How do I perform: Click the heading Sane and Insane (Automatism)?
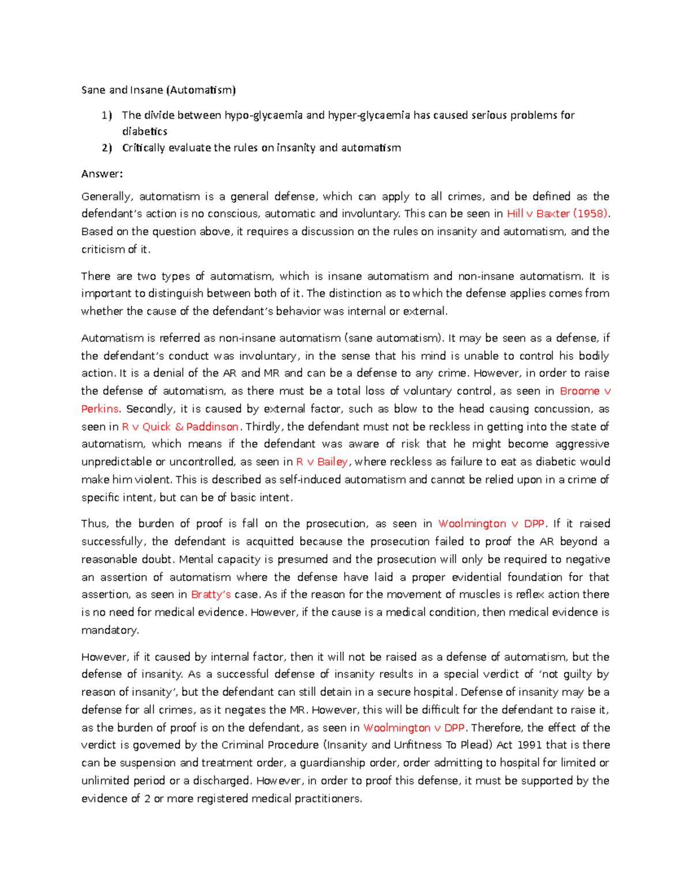coord(159,90)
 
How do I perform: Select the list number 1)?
coord(107,115)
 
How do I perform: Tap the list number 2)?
coord(107,148)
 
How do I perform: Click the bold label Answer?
coord(102,174)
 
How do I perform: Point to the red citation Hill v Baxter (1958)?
coord(557,214)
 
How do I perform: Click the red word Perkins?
coord(100,409)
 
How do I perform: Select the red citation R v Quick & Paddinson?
coord(180,426)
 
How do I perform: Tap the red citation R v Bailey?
coord(322,462)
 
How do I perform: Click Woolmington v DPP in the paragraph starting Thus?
coord(491,524)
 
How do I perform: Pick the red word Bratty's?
coord(210,594)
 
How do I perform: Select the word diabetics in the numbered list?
coord(145,131)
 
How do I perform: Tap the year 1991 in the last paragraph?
coord(529,745)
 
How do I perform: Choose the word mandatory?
coord(110,630)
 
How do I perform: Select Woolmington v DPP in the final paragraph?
coord(414,727)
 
